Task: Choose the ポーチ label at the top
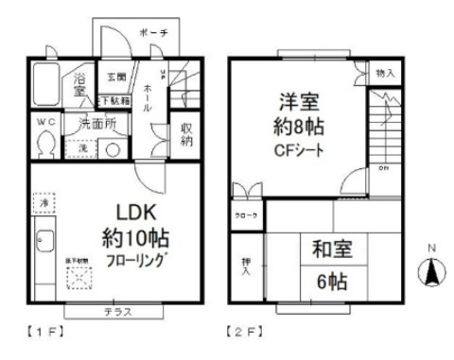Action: click(x=152, y=33)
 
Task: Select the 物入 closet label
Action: click(x=385, y=72)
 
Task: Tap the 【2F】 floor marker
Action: click(x=245, y=333)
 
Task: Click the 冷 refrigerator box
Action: click(x=44, y=202)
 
